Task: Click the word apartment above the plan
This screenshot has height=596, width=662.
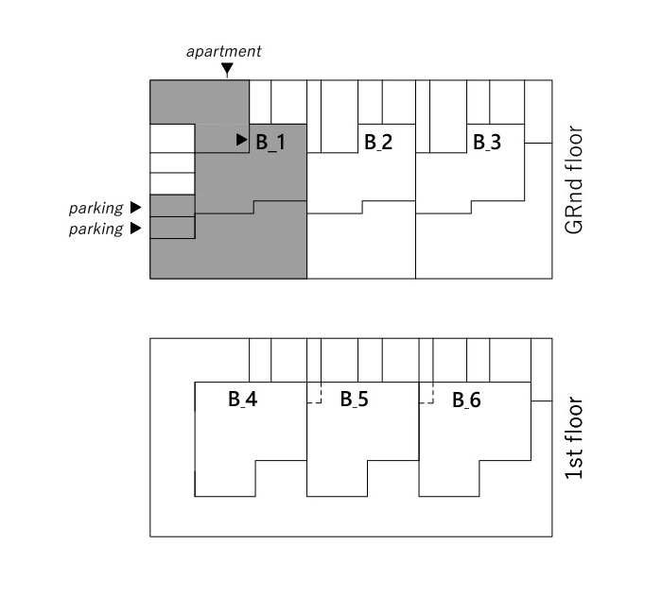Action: [223, 51]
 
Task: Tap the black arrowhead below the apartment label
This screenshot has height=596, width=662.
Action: [227, 70]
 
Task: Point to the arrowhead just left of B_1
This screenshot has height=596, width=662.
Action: [242, 140]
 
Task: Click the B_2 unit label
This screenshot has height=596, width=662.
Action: [378, 143]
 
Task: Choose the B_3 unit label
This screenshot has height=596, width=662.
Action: [487, 143]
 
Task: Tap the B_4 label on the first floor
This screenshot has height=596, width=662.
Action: [242, 400]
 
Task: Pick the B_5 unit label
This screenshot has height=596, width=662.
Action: [355, 400]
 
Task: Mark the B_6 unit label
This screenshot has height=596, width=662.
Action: [466, 400]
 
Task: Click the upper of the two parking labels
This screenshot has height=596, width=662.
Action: [96, 208]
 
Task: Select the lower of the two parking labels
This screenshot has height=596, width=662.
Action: [96, 230]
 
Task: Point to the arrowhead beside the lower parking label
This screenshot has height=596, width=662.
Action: [135, 229]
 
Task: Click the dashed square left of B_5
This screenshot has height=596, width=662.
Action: [314, 396]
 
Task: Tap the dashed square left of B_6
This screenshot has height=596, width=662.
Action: [426, 396]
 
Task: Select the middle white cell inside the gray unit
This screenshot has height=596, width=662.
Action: [172, 162]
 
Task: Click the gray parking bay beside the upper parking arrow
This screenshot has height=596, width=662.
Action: [172, 206]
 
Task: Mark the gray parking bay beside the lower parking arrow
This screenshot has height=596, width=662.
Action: [172, 228]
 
